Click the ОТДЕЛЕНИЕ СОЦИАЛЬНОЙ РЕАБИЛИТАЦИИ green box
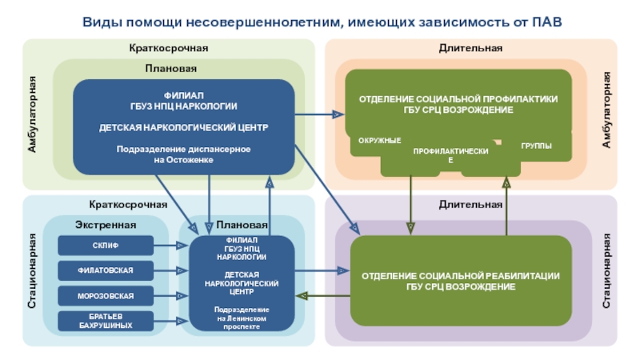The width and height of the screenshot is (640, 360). [x=460, y=282]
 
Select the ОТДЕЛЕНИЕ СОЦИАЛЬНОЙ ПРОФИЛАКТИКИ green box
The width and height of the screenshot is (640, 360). [x=458, y=103]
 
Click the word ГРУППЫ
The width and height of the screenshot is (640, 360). [x=536, y=146]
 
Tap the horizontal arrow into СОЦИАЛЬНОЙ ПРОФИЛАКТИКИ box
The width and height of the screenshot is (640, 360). [x=320, y=115]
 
